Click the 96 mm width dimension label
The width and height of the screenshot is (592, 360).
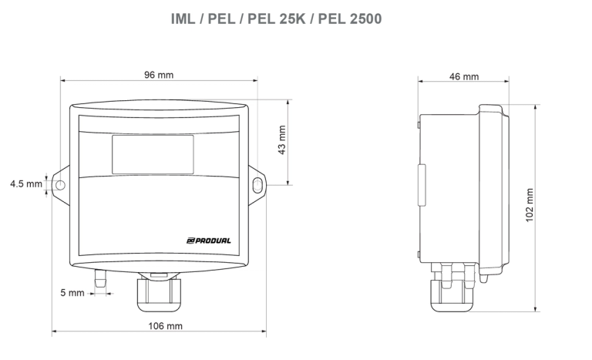point(160,75)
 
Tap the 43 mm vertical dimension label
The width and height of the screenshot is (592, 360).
point(281,140)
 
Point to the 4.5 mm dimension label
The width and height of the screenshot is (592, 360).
point(25,184)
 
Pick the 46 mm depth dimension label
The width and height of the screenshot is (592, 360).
point(462,76)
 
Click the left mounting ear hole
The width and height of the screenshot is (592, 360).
point(60,184)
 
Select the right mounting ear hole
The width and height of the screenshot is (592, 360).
point(257,184)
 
